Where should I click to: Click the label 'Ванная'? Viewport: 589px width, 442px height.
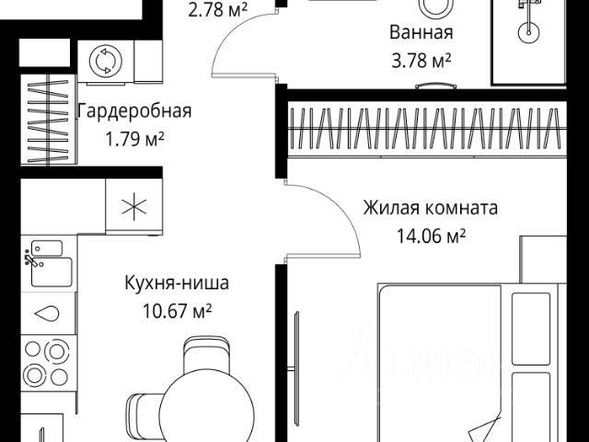pyautogui.click(x=421, y=34)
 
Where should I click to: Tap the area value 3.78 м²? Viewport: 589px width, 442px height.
pyautogui.click(x=420, y=63)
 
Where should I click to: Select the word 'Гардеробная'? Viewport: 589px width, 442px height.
pyautogui.click(x=133, y=112)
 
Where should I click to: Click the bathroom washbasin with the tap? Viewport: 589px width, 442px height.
pyautogui.click(x=526, y=31)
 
